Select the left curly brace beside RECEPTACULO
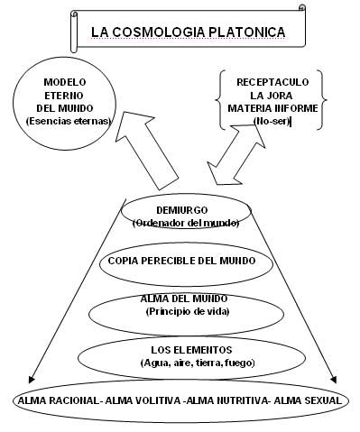coord(221,100)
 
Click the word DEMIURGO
coord(182,211)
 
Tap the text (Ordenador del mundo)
coord(182,223)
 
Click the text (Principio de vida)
coord(182,310)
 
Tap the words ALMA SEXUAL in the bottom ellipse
coord(309,399)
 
